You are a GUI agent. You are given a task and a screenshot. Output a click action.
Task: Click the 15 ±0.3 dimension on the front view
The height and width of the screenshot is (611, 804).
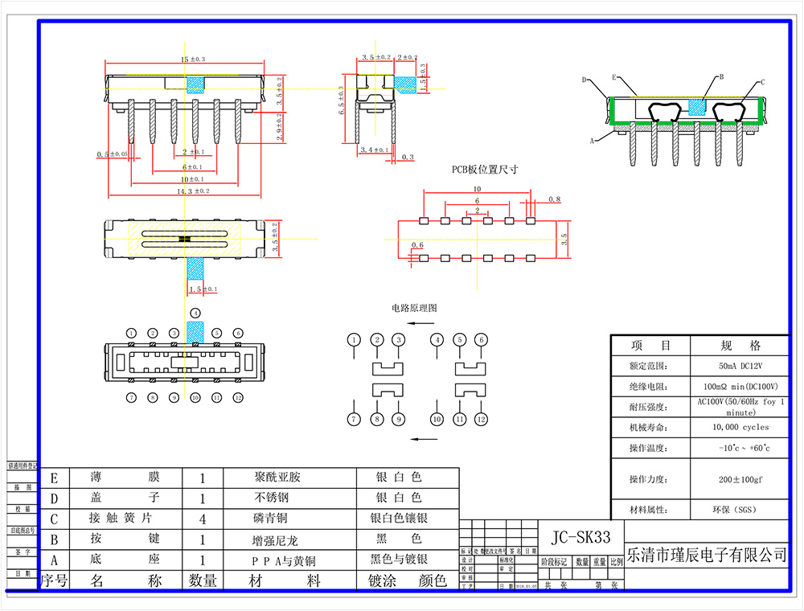coord(192,59)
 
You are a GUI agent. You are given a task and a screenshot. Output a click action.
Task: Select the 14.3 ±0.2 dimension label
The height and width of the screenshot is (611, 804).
coord(193,191)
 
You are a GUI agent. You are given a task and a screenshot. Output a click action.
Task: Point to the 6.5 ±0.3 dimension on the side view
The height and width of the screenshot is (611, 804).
coord(342,101)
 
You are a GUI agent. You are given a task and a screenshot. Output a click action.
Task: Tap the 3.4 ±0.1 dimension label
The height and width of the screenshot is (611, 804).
coord(375,150)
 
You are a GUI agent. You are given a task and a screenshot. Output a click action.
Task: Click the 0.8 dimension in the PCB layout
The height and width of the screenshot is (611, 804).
coord(554,199)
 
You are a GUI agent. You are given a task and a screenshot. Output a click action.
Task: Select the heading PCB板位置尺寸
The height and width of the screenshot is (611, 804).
coord(484,170)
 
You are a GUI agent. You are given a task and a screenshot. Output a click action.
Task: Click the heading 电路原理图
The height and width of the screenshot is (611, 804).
coord(414,308)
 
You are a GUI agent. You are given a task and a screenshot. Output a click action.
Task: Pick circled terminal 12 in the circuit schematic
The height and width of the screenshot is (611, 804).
coord(481,420)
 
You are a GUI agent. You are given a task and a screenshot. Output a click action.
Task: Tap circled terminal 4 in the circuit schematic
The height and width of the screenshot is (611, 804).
coord(437,340)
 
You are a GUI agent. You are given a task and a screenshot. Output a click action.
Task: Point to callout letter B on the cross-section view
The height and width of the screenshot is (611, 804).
coord(721,77)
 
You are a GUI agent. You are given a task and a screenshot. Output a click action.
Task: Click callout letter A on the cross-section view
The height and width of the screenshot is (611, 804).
coord(592,141)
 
